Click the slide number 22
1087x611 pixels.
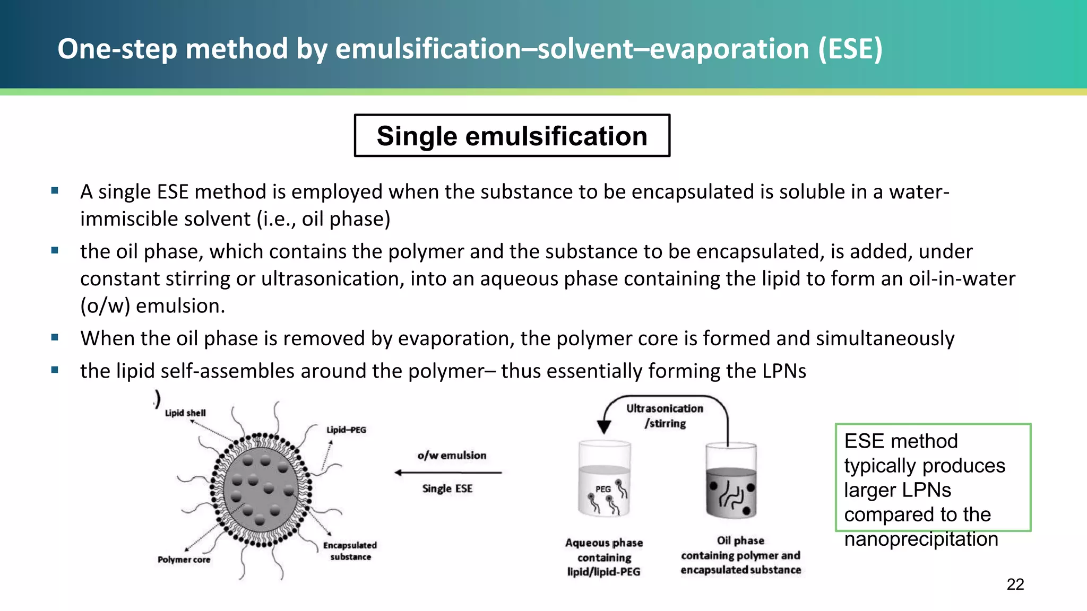(x=1015, y=584)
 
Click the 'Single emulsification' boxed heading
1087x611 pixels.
(x=512, y=136)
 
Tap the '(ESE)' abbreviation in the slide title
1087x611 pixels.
(x=850, y=49)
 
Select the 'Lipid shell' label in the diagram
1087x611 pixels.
(x=185, y=413)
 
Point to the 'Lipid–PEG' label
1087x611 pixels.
(x=346, y=430)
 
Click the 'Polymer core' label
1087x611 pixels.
(x=184, y=560)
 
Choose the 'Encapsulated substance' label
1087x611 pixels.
(x=350, y=551)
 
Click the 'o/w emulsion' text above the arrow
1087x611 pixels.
(x=452, y=455)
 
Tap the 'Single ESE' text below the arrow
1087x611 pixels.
(x=447, y=488)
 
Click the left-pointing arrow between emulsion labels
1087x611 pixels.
(x=448, y=473)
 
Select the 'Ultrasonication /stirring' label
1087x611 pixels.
(x=665, y=416)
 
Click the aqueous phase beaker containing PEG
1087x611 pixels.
(x=604, y=480)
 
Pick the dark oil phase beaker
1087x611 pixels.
(x=731, y=483)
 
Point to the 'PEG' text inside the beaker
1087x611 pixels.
(x=603, y=489)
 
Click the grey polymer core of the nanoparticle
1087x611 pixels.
(x=261, y=488)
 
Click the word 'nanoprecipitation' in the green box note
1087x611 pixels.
(x=921, y=539)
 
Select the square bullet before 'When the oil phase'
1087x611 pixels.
(x=55, y=337)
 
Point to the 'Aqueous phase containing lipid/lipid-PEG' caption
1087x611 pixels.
(x=604, y=557)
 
